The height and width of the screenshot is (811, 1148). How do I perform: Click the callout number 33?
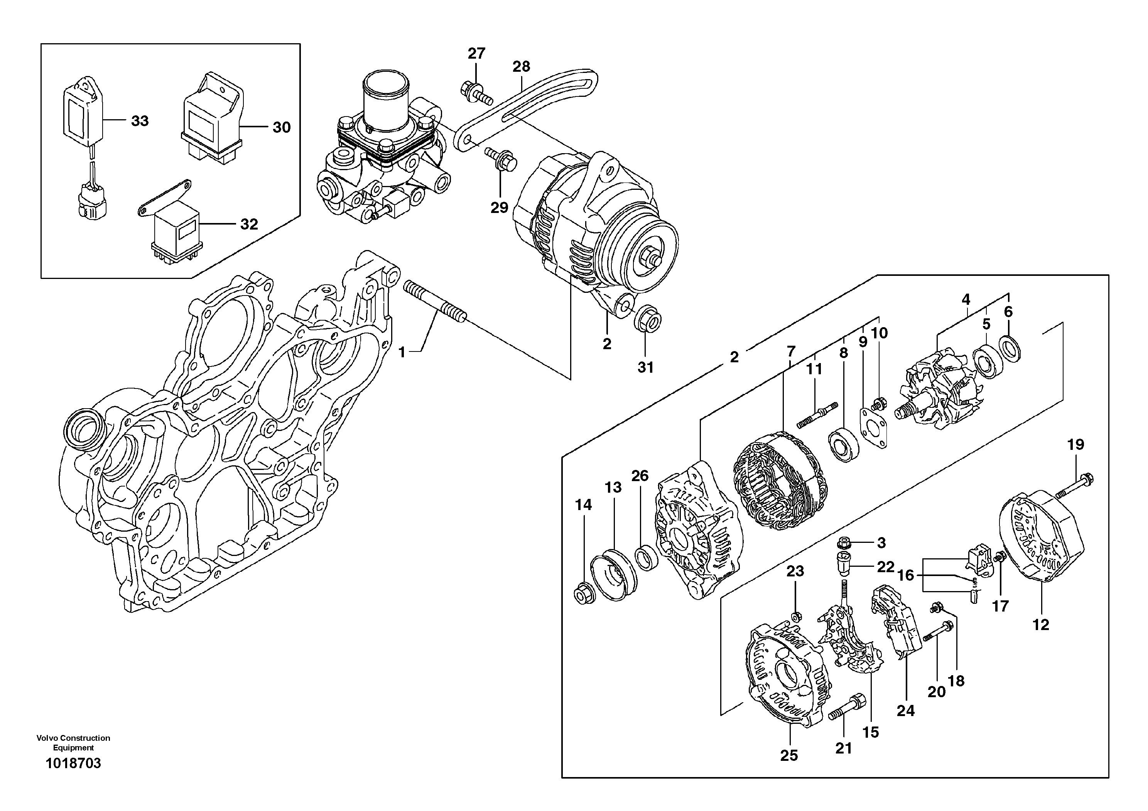point(140,121)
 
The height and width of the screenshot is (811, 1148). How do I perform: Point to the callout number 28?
point(521,66)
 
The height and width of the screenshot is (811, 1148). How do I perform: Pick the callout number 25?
point(789,755)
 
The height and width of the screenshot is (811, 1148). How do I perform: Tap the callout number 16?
point(905,576)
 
